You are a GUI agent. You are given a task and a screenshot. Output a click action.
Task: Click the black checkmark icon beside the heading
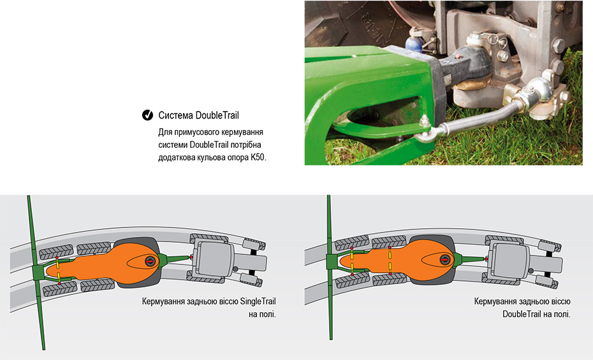click(147, 115)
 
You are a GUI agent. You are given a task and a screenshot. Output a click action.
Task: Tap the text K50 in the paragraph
click(258, 157)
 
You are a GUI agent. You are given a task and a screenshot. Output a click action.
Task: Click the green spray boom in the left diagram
click(36, 272)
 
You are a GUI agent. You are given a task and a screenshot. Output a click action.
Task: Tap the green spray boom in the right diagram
click(330, 267)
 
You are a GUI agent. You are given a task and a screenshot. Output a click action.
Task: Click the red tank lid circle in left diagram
click(150, 261)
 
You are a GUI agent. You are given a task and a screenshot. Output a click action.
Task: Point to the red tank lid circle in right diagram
click(444, 259)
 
